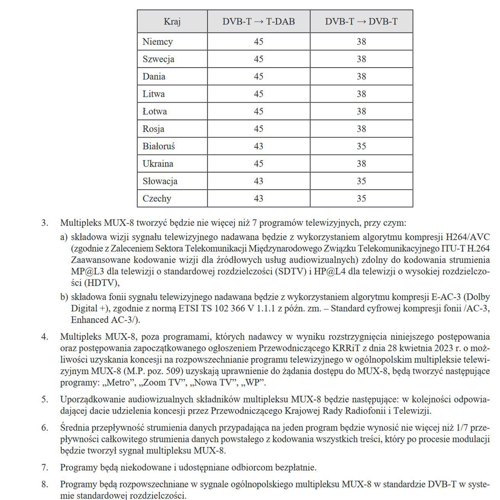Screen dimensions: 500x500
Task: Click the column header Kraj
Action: [x=172, y=21]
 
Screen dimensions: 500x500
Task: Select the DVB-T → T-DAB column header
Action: [x=259, y=21]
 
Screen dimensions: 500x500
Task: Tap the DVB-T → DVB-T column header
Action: [x=361, y=21]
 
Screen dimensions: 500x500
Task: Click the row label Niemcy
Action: [x=158, y=42]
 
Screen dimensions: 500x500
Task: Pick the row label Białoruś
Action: [x=159, y=146]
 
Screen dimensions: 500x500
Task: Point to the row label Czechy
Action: [x=157, y=198]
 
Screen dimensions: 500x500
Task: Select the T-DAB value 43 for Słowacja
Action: [x=259, y=181]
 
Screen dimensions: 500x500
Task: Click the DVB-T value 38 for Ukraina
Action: [x=361, y=164]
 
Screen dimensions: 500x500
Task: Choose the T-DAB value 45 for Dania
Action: [x=259, y=76]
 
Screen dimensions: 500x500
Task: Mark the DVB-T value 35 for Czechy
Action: [x=361, y=198]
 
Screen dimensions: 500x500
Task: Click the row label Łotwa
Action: [x=154, y=111]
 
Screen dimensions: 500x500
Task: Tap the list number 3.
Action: [x=45, y=223]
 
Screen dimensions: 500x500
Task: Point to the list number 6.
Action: [x=45, y=427]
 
